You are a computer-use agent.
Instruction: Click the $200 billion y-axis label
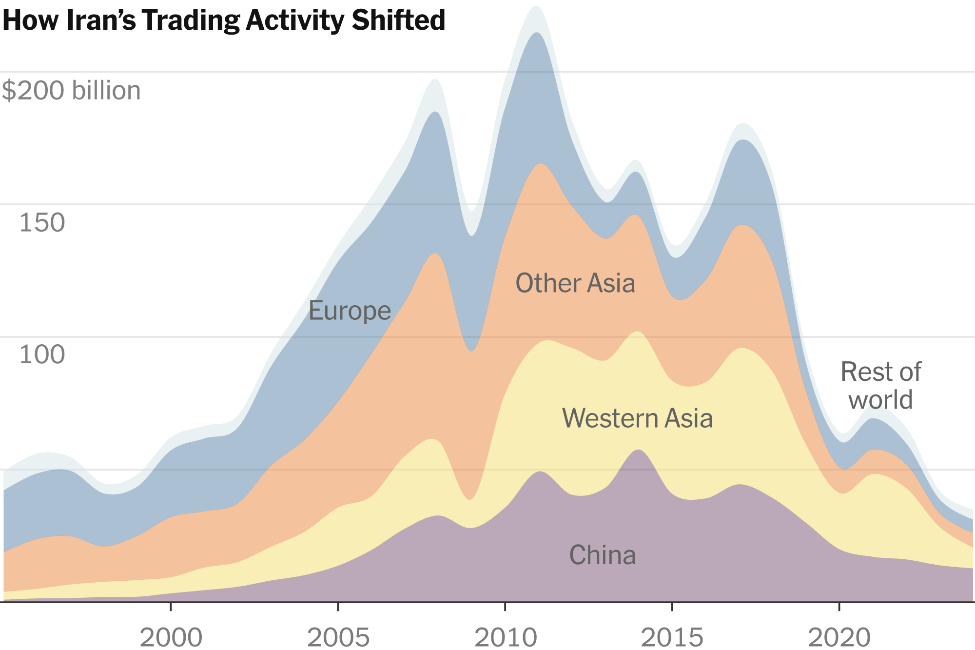click(x=71, y=91)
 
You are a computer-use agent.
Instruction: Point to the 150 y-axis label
click(x=42, y=223)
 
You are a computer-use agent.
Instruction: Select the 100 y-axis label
click(x=42, y=355)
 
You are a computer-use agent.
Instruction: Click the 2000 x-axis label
click(x=171, y=637)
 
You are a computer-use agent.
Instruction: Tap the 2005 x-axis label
click(x=338, y=637)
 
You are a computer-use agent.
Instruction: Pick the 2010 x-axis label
click(x=506, y=637)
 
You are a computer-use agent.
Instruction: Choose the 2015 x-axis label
click(x=672, y=637)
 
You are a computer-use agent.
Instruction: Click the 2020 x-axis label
click(x=839, y=637)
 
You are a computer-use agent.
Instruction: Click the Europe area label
click(x=350, y=311)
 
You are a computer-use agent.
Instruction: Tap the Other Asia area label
click(x=575, y=283)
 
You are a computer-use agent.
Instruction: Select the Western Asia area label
click(x=637, y=418)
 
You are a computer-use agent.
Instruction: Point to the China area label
click(x=603, y=555)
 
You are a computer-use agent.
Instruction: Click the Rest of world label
click(x=880, y=386)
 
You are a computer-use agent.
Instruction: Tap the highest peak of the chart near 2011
click(x=536, y=7)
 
